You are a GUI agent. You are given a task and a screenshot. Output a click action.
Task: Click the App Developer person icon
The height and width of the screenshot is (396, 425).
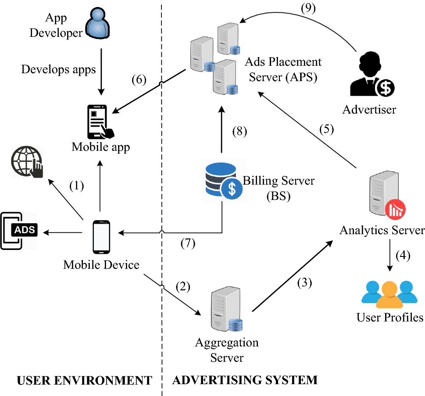(97, 23)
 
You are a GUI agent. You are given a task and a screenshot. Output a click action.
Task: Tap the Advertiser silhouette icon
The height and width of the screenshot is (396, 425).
(372, 74)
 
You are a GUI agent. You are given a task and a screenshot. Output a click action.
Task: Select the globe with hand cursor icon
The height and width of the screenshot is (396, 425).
(27, 162)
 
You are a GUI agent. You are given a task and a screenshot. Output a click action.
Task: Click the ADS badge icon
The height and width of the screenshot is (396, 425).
(19, 231)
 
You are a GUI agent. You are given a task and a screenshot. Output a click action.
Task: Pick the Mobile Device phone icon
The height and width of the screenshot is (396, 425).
(101, 237)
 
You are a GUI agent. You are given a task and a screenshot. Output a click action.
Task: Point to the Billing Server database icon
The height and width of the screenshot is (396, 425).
(224, 181)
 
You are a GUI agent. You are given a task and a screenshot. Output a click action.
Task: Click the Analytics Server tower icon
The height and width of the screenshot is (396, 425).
(387, 195)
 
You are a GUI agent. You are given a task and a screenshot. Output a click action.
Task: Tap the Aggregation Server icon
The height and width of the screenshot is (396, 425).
(227, 309)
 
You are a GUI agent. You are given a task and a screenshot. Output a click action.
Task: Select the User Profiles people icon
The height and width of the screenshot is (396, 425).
(389, 294)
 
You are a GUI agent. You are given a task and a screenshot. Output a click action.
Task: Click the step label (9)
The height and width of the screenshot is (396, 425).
(308, 8)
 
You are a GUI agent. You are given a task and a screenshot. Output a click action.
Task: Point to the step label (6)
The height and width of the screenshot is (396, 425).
(139, 79)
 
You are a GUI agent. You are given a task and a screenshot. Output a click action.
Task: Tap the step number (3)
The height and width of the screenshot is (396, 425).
(305, 283)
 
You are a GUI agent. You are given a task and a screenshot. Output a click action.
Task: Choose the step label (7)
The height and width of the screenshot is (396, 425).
(188, 243)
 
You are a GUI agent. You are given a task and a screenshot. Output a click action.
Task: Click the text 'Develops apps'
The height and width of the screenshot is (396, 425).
(58, 69)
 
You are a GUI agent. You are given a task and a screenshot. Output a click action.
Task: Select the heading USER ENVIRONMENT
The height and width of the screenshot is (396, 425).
(85, 381)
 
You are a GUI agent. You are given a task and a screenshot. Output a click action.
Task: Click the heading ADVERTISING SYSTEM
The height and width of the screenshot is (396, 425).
(245, 380)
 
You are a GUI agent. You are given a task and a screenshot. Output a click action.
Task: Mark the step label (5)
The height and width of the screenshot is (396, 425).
(327, 129)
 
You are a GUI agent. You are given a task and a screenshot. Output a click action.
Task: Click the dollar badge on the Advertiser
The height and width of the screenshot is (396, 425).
(385, 88)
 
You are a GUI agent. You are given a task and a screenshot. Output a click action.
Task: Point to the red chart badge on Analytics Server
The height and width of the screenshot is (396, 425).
(396, 210)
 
